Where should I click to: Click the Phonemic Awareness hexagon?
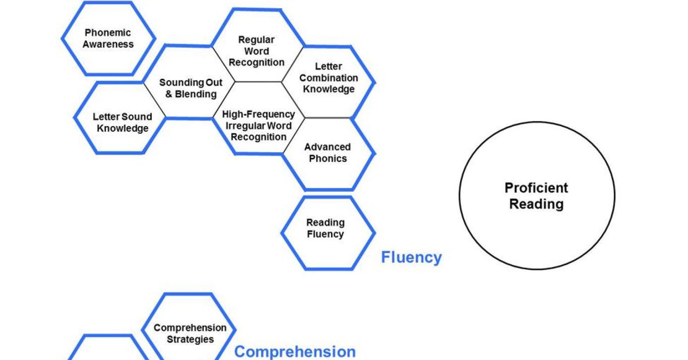108,39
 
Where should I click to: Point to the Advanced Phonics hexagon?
328,153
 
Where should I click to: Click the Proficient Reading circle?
537,196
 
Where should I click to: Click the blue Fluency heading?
411,257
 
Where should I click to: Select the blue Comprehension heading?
295,351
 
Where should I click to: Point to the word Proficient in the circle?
536,188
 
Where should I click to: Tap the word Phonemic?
108,33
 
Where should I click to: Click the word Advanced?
327,147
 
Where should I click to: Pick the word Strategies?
190,339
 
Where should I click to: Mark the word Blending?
196,94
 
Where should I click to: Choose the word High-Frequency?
258,114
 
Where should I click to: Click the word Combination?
329,78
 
